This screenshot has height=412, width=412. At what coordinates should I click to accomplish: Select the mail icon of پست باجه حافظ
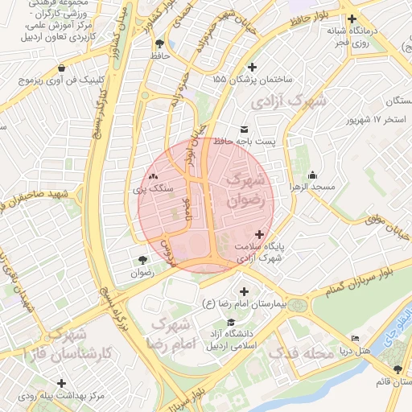coord(245,129)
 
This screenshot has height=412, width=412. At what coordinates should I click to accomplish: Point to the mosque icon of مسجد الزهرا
coord(312,175)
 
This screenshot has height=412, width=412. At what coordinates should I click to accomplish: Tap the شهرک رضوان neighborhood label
coord(246,190)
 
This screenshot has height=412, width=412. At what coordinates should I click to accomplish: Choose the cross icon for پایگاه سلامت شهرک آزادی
coord(257,233)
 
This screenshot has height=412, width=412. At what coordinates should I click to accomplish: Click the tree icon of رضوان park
coord(142,259)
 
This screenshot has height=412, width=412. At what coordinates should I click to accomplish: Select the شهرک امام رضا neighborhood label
coord(170,334)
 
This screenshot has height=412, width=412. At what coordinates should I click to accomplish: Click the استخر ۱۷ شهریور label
coord(374,120)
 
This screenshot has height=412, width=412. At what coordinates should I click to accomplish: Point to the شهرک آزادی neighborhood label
coord(288,102)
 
